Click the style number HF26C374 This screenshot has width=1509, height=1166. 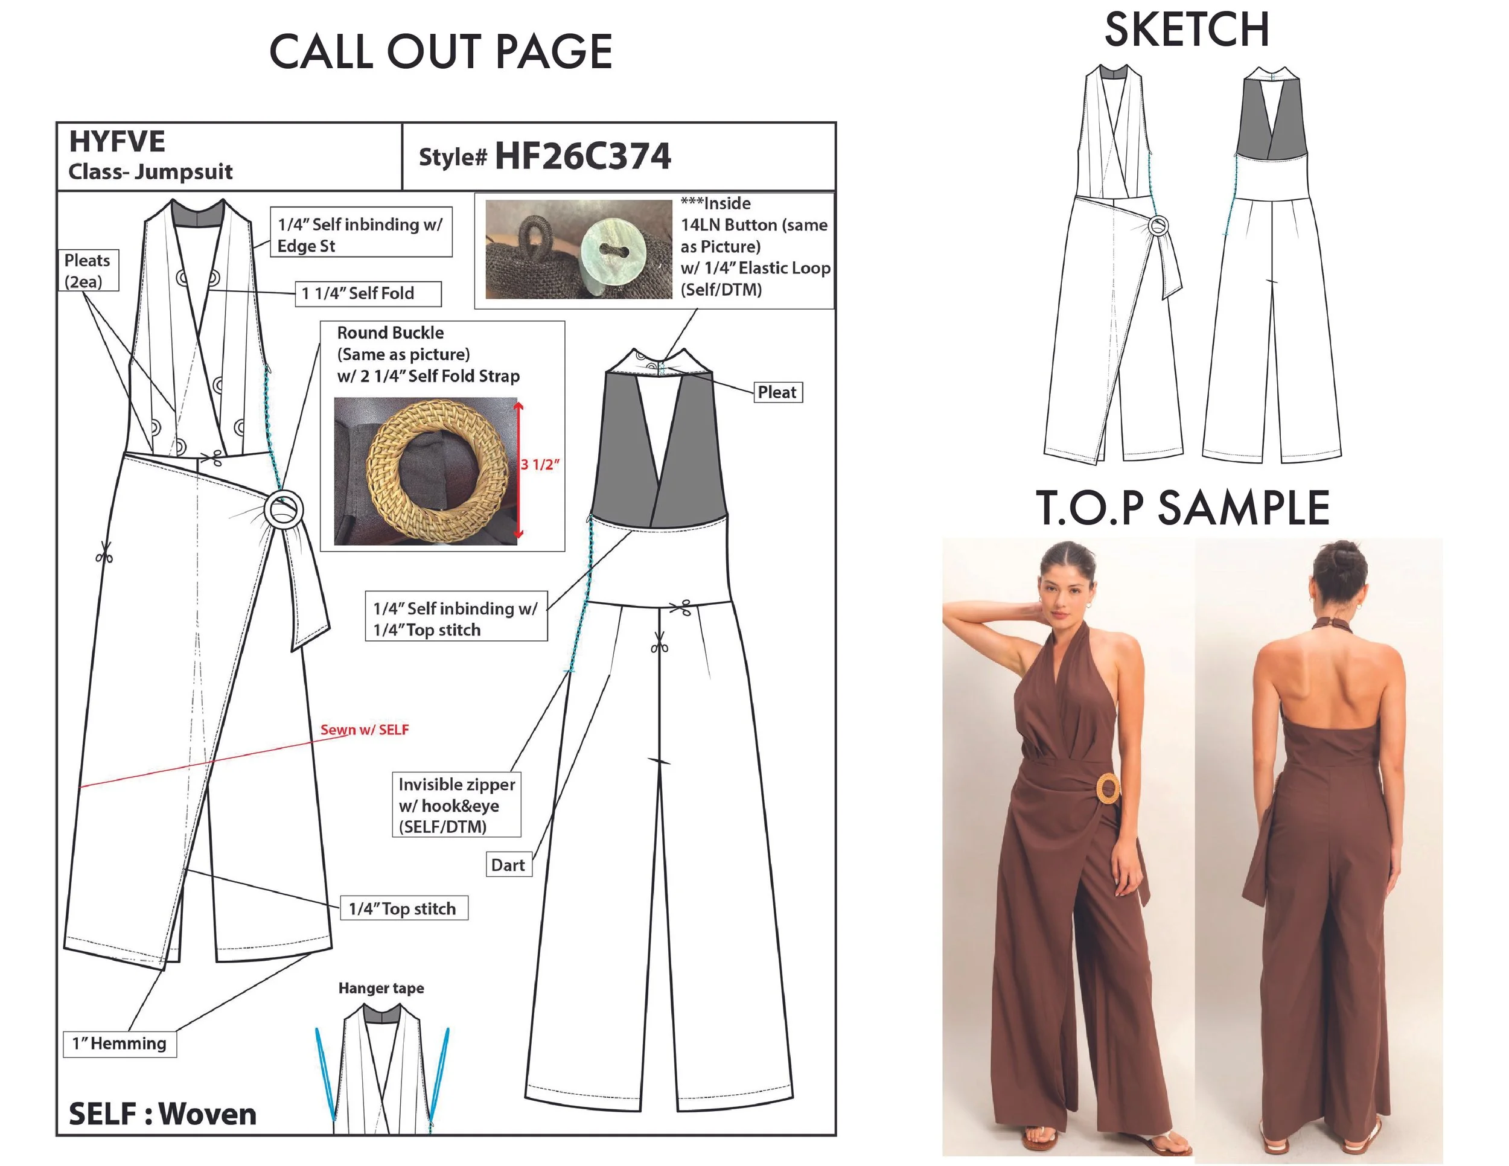click(582, 156)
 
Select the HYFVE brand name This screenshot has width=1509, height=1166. click(116, 142)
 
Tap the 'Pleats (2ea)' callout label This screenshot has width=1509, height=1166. click(88, 270)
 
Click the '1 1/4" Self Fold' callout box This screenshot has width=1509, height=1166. click(368, 293)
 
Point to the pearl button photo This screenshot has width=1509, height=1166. click(579, 249)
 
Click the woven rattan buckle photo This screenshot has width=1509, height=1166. click(426, 471)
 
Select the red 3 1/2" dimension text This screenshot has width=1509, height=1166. click(540, 464)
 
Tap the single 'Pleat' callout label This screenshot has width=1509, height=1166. click(777, 392)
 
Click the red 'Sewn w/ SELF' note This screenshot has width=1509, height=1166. click(365, 730)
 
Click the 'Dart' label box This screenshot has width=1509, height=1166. click(508, 865)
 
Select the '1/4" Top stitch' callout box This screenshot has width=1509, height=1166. click(403, 908)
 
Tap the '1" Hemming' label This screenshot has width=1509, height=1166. click(120, 1043)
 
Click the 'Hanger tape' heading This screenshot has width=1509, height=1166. click(381, 989)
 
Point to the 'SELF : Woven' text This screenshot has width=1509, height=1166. click(162, 1114)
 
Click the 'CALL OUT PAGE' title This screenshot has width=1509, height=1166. click(441, 52)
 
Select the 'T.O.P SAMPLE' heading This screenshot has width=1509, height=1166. click(1182, 508)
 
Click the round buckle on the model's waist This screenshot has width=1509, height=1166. click(1108, 789)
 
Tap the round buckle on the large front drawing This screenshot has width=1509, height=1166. click(282, 511)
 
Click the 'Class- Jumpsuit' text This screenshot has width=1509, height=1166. click(151, 171)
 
